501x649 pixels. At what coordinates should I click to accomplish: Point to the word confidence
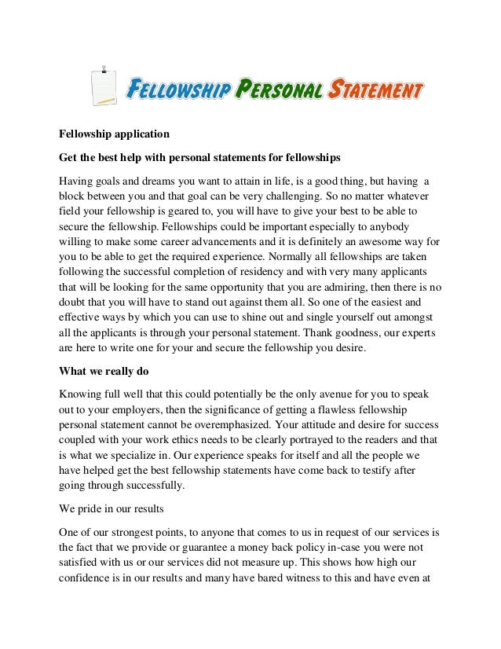coord(90,579)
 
